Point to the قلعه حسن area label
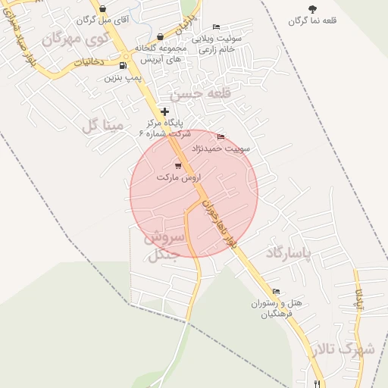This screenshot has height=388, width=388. pos(187,95)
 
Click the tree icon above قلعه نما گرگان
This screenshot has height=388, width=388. pos(312,8)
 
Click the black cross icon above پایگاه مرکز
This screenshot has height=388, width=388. pos(164,112)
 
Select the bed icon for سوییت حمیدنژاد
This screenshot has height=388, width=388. pos(221,136)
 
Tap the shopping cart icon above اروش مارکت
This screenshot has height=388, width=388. pos(178,165)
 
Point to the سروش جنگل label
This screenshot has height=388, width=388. pos(163,246)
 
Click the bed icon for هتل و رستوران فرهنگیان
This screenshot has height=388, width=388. pos(276,292)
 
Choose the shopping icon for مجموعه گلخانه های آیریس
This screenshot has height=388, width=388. pos(159,36)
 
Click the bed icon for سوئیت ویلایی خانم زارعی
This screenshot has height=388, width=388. pos(216,27)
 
